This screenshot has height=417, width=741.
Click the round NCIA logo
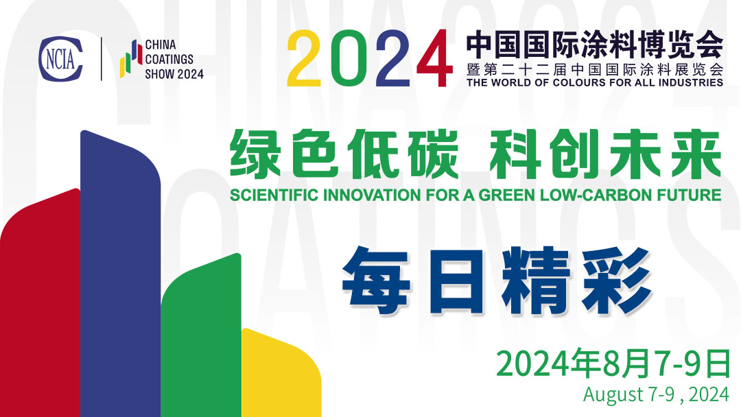(61, 59)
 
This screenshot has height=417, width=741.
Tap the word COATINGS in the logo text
(169, 60)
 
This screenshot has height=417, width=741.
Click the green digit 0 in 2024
(350, 59)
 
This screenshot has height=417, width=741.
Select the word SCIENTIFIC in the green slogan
(270, 195)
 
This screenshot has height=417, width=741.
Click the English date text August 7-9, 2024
(656, 395)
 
